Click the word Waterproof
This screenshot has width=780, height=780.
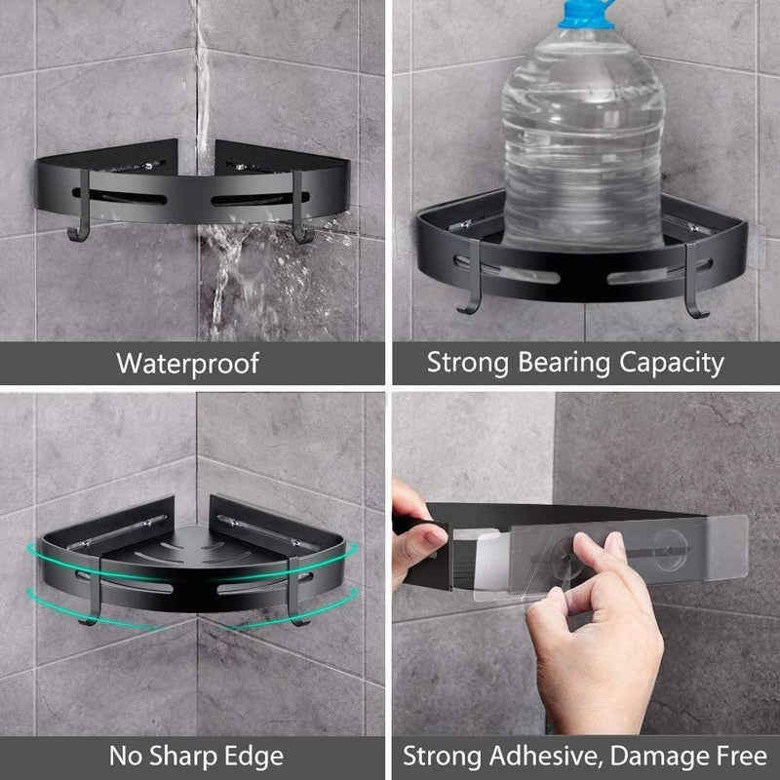click(x=187, y=364)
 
